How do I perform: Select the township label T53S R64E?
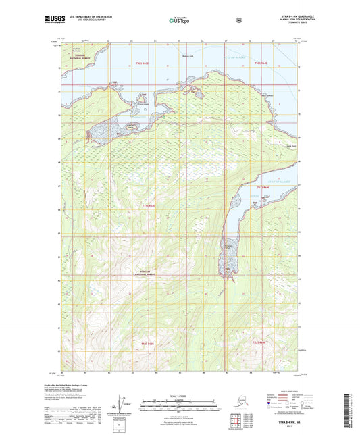pos(261,187)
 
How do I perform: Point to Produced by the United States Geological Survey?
pos(82,383)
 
